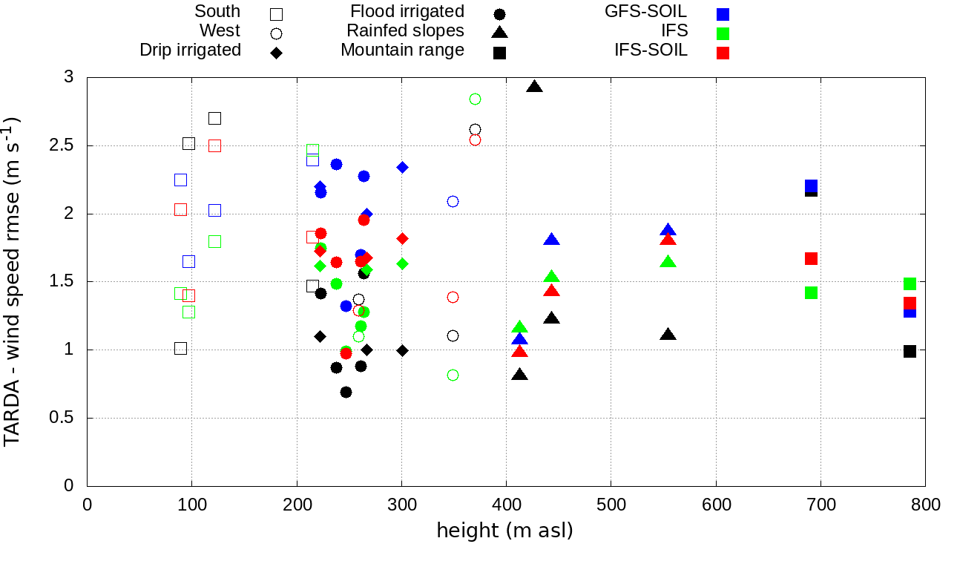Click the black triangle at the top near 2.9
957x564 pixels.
tap(534, 87)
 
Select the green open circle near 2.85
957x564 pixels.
tap(475, 99)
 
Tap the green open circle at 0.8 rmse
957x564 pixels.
tap(453, 375)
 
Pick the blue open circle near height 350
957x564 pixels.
tap(453, 201)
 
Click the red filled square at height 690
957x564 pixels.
tap(811, 258)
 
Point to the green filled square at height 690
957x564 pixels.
tap(811, 292)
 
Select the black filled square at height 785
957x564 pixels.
tap(910, 351)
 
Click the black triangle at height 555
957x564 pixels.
tap(668, 335)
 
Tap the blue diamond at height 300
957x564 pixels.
tap(402, 167)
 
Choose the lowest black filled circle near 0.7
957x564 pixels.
tap(346, 392)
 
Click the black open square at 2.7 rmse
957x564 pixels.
tap(214, 118)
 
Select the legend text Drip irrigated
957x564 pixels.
tap(190, 50)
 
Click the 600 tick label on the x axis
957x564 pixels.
tap(716, 505)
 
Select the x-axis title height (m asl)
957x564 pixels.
tap(504, 531)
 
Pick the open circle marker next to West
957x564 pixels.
tap(276, 33)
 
